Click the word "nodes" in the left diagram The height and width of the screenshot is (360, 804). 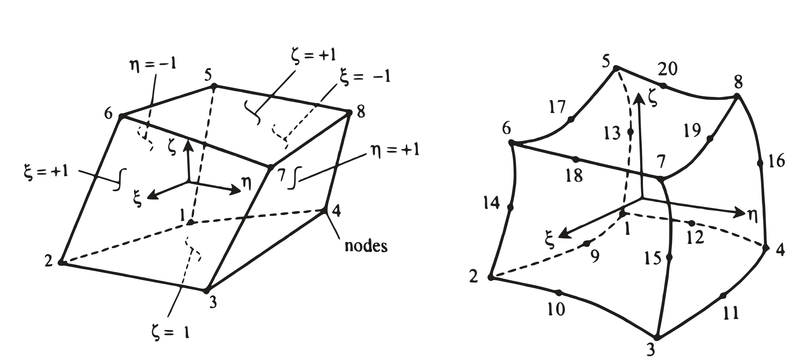tap(366, 246)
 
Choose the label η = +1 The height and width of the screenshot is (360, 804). tap(395, 150)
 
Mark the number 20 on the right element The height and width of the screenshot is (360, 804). tap(668, 69)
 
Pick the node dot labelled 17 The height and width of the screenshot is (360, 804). tap(571, 120)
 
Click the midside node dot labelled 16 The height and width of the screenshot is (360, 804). tap(760, 163)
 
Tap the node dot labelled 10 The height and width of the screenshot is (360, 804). tap(559, 293)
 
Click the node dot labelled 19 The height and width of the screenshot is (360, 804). tap(710, 138)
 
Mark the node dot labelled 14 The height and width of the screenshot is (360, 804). tap(510, 207)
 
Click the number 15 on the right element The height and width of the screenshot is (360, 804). tap(653, 258)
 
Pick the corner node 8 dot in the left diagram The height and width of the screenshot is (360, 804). tap(349, 113)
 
